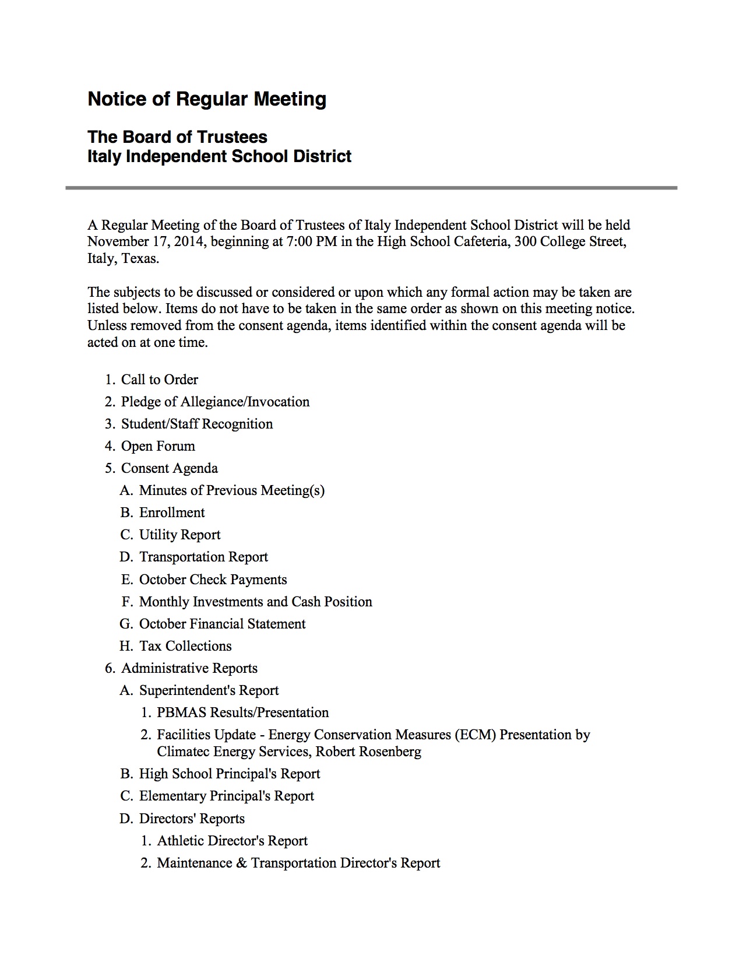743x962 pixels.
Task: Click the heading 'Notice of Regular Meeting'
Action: (x=206, y=99)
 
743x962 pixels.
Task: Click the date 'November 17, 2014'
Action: (x=145, y=242)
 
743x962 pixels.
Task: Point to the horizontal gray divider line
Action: (x=371, y=188)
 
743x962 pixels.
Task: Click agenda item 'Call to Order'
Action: (x=159, y=380)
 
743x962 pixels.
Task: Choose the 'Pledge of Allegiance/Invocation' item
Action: (x=215, y=402)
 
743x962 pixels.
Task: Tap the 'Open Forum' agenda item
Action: (x=158, y=446)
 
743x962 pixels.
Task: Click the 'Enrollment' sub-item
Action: (x=172, y=512)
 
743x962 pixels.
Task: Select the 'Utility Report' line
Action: (x=179, y=535)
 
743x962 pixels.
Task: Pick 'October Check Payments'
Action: (x=213, y=580)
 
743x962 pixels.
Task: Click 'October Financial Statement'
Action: (x=222, y=624)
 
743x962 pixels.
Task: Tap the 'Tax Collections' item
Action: (x=185, y=646)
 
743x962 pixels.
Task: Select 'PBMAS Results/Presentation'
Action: (x=242, y=712)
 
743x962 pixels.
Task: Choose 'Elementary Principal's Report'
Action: (x=226, y=796)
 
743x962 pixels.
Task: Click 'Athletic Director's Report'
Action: (x=232, y=841)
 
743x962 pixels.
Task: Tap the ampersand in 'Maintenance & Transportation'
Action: (x=242, y=863)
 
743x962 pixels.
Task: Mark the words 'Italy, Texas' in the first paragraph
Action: (x=123, y=259)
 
